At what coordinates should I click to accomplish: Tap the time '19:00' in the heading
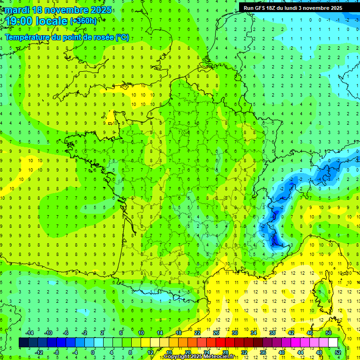point(21,21)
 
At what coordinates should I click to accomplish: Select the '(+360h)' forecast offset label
point(84,21)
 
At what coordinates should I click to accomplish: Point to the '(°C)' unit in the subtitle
point(122,37)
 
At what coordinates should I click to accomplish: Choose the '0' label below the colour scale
point(93,352)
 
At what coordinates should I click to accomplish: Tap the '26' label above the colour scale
point(216,333)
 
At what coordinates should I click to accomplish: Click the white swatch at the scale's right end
point(333,342)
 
